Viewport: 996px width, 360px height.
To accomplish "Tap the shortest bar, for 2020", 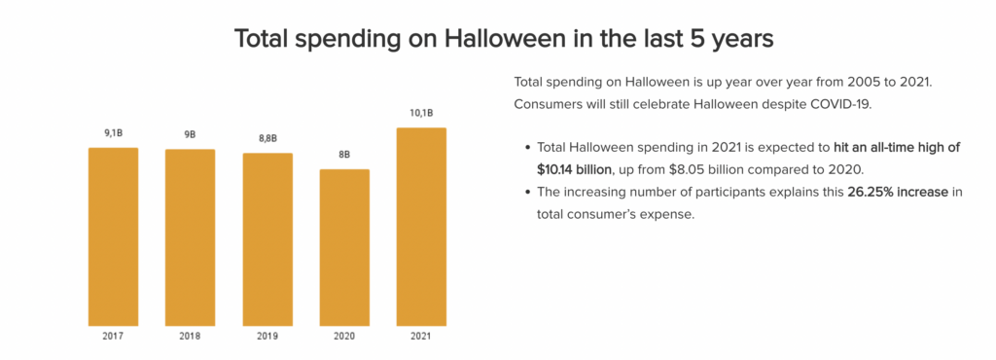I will (x=344, y=247).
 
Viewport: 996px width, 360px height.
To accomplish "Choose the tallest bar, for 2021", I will (x=421, y=227).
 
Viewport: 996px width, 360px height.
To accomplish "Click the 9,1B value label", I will (x=113, y=134).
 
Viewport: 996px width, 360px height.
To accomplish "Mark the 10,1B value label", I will (x=421, y=114).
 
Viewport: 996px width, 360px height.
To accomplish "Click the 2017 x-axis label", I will (x=113, y=337).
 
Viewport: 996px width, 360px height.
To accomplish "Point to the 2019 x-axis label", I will (x=267, y=337).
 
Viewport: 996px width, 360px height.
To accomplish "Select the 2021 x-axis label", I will (x=421, y=337).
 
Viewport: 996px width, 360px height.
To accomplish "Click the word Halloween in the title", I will (x=497, y=40).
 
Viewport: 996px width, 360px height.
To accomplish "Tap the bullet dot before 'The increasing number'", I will (x=526, y=193).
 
